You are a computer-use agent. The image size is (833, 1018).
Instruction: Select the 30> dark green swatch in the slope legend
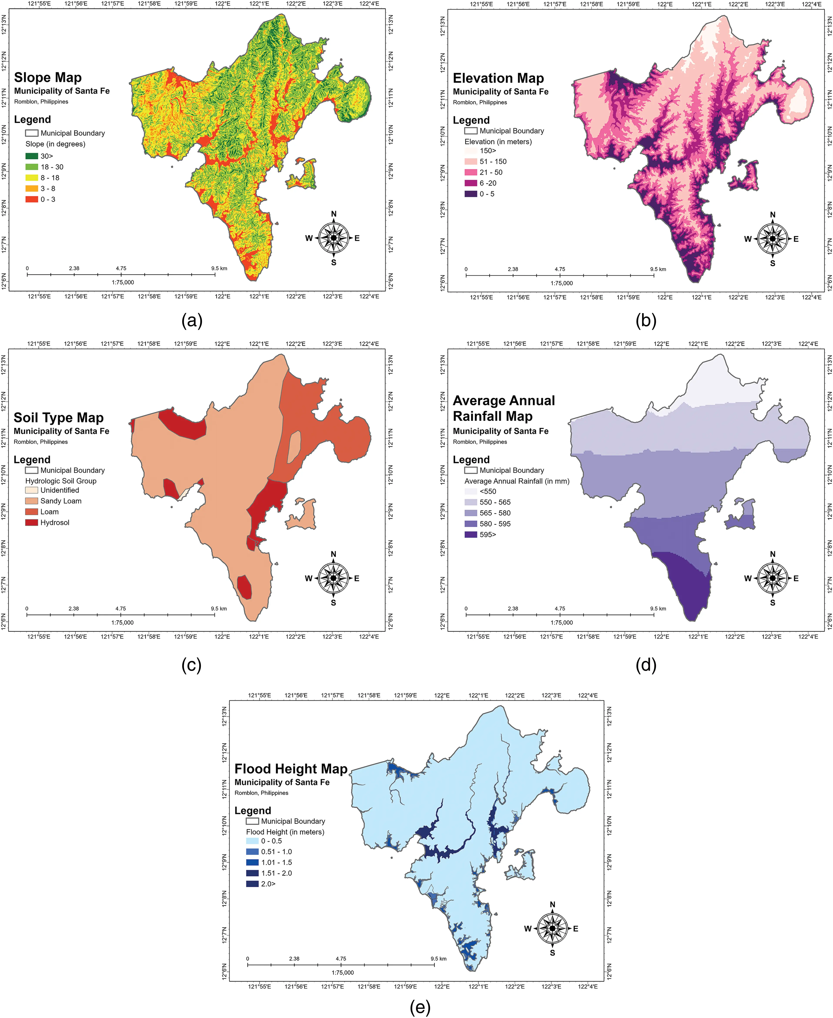pyautogui.click(x=32, y=156)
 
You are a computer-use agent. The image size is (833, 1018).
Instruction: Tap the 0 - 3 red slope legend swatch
pyautogui.click(x=32, y=199)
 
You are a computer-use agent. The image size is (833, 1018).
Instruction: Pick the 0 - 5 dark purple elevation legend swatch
pyautogui.click(x=471, y=194)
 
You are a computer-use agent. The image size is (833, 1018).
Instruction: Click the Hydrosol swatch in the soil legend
pyautogui.click(x=32, y=522)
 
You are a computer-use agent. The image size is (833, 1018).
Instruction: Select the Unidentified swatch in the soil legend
pyautogui.click(x=32, y=490)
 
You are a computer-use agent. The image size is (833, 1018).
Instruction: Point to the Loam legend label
pyautogui.click(x=49, y=512)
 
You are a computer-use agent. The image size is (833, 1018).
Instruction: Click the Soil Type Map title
pyautogui.click(x=58, y=418)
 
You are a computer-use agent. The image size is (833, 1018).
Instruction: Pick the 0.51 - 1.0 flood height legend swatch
pyautogui.click(x=252, y=851)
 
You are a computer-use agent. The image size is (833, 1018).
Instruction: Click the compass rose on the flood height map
pyautogui.click(x=552, y=928)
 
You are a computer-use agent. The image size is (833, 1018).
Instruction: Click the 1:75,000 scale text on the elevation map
pyautogui.click(x=561, y=283)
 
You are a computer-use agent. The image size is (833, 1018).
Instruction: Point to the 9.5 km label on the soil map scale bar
pyautogui.click(x=219, y=608)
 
